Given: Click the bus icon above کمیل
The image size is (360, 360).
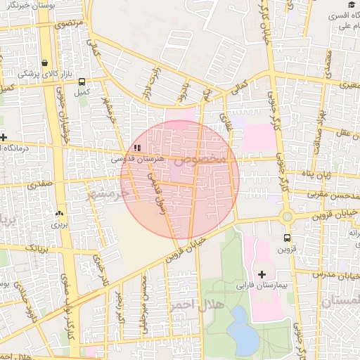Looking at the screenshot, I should coord(82,80).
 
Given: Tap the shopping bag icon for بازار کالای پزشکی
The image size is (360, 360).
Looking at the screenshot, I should coord(46,62).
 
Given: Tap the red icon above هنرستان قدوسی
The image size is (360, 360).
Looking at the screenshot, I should coord(137,148).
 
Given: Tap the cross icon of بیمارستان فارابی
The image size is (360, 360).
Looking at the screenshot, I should coord(262,274).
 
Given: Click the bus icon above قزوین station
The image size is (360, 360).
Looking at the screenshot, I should coord(287,238).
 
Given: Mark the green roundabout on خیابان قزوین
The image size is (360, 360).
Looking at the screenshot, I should coord(287,217).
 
